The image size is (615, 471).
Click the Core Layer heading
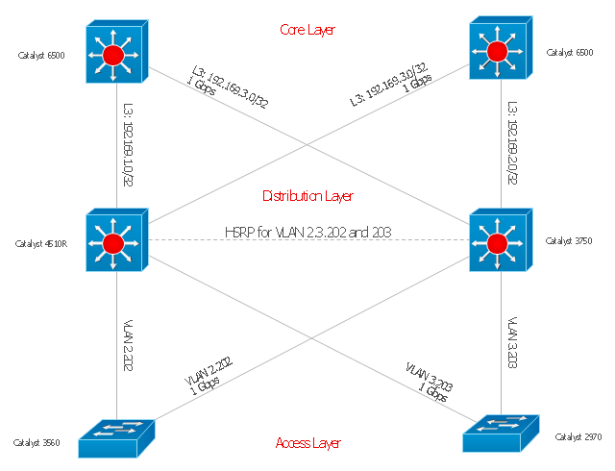click(307, 30)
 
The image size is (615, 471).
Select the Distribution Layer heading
click(307, 196)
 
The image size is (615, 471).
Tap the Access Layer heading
click(307, 443)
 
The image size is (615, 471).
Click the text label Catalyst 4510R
click(41, 245)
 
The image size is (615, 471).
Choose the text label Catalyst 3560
click(37, 443)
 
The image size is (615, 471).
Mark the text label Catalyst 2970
click(578, 437)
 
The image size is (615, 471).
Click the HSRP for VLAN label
click(307, 232)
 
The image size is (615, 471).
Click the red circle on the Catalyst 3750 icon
click(497, 243)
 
